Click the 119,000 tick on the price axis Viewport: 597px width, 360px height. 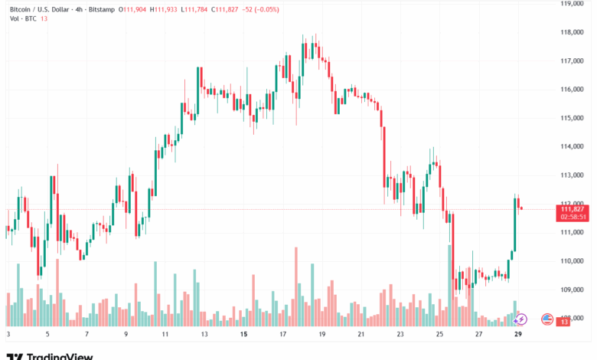click(573, 4)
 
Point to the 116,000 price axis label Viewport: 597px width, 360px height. click(573, 90)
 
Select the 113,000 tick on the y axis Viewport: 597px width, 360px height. click(573, 175)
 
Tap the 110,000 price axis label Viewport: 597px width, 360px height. click(573, 261)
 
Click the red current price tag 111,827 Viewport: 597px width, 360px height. click(573, 209)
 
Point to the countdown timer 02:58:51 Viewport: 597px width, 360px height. click(573, 218)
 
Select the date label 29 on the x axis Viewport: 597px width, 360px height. click(519, 335)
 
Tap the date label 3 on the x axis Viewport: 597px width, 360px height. click(8, 335)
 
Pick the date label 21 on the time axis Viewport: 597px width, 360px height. click(361, 335)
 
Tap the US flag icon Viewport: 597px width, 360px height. click(547, 319)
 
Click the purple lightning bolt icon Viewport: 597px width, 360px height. click(521, 319)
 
